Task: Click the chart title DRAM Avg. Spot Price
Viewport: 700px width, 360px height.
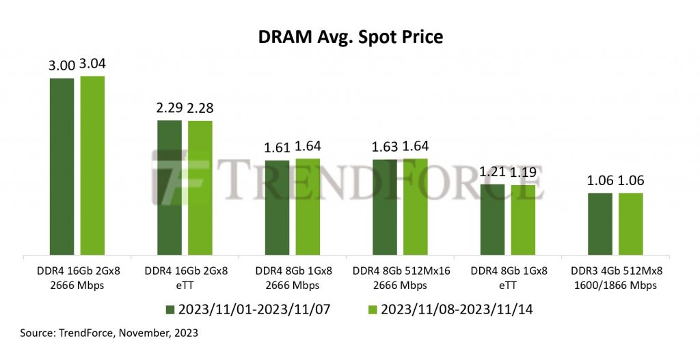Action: tap(350, 36)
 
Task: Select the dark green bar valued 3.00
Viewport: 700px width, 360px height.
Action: tap(62, 167)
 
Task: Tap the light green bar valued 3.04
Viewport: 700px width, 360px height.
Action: tap(92, 166)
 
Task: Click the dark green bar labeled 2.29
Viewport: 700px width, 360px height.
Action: tap(170, 189)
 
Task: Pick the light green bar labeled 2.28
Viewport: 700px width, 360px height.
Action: tap(200, 189)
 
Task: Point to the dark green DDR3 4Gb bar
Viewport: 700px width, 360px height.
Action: tap(600, 225)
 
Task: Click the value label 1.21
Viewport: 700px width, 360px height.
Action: tap(493, 171)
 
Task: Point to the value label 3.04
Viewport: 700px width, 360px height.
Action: tap(93, 64)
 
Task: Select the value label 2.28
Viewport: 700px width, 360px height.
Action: tap(200, 109)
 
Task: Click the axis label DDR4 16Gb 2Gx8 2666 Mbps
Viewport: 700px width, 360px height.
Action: tap(77, 278)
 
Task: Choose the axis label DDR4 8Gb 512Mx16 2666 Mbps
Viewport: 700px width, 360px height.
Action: tap(401, 278)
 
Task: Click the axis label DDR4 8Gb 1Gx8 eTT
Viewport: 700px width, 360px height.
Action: tap(509, 278)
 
